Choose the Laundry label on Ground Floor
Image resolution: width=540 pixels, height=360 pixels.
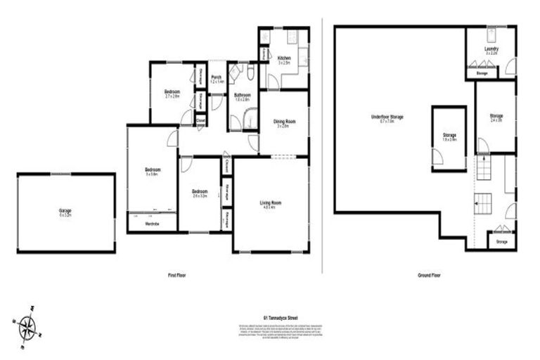pyautogui.click(x=491, y=49)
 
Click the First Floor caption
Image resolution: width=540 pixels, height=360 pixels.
pyautogui.click(x=176, y=275)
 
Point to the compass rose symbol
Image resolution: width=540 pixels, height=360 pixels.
pyautogui.click(x=28, y=326)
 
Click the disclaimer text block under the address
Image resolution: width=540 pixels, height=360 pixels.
pyautogui.click(x=270, y=332)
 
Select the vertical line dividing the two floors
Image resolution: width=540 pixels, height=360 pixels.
pyautogui.click(x=323, y=141)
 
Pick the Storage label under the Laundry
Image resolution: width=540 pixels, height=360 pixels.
pyautogui.click(x=482, y=72)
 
